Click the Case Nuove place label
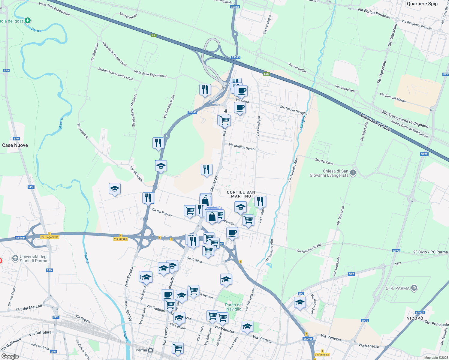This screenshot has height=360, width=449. click(x=15, y=145)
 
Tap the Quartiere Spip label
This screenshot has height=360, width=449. click(x=422, y=4)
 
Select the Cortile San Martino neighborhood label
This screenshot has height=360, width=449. click(x=241, y=194)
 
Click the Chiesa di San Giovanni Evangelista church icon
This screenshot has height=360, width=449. click(x=353, y=172)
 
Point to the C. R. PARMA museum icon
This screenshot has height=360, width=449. click(x=414, y=288)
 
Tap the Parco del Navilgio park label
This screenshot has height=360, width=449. click(x=234, y=307)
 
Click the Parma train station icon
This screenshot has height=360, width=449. click(x=150, y=350)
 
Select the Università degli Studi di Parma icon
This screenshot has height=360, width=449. click(x=15, y=258)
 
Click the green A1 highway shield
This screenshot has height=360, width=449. click(x=154, y=35)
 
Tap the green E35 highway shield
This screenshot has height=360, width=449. click(x=266, y=74)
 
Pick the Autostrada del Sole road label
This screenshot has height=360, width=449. click(x=375, y=122)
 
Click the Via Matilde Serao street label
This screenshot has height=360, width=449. click(x=242, y=147)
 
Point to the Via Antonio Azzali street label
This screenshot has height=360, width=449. click(x=309, y=248)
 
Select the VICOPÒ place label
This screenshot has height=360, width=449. click(x=415, y=318)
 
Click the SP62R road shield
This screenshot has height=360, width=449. click(x=420, y=313)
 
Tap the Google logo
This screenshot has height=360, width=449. click(x=10, y=356)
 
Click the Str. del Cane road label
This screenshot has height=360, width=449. click(x=324, y=161)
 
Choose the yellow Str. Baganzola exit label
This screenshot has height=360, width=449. click(x=50, y=237)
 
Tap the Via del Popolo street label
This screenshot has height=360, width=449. click(x=162, y=212)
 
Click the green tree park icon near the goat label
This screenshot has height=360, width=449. click(x=28, y=20)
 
